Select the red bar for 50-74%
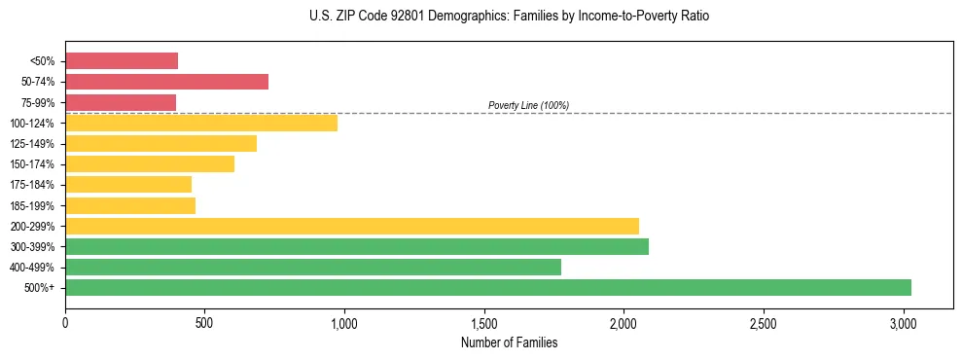[166, 82]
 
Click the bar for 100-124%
[201, 123]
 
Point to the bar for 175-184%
[128, 185]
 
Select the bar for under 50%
[122, 61]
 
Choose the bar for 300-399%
[357, 247]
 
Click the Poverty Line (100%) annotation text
[528, 105]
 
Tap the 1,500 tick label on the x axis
[484, 322]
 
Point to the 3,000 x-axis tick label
[904, 322]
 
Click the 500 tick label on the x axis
[205, 322]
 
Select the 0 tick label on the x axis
[65, 322]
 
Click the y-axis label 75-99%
[37, 102]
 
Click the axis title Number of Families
[509, 342]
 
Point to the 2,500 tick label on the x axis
[764, 322]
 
